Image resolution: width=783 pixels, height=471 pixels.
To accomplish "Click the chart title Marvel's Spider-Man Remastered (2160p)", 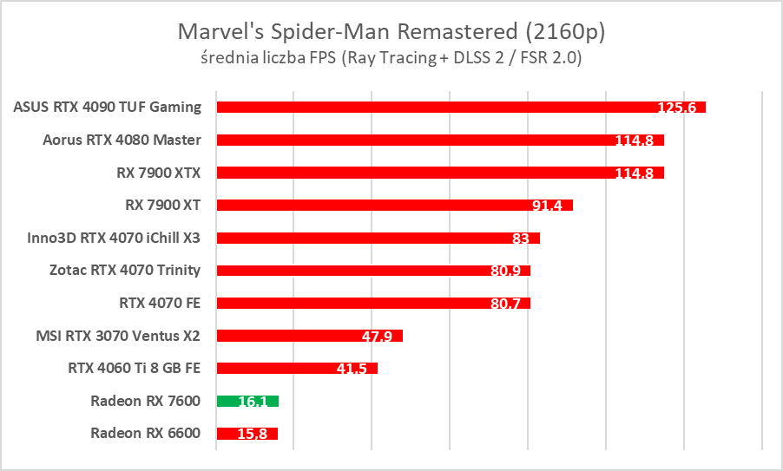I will click(391, 32).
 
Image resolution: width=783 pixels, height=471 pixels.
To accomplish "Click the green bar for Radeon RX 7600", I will click(247, 401).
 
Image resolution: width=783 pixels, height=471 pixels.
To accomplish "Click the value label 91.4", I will click(548, 206).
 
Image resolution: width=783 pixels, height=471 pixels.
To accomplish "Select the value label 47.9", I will click(378, 336).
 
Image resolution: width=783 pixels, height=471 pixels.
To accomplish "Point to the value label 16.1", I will click(254, 402).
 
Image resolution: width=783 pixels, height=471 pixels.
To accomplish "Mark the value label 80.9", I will click(505, 271).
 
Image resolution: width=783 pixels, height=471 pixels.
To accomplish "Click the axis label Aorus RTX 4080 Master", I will click(122, 140).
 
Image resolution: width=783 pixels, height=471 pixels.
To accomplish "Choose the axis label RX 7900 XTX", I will click(158, 173).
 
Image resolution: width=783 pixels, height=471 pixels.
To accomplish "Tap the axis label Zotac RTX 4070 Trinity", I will click(125, 270).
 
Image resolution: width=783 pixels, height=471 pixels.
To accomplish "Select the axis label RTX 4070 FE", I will click(160, 303).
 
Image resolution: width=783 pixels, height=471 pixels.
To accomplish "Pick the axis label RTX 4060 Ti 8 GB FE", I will click(134, 368).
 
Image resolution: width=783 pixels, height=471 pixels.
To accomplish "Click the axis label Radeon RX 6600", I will click(145, 433).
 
